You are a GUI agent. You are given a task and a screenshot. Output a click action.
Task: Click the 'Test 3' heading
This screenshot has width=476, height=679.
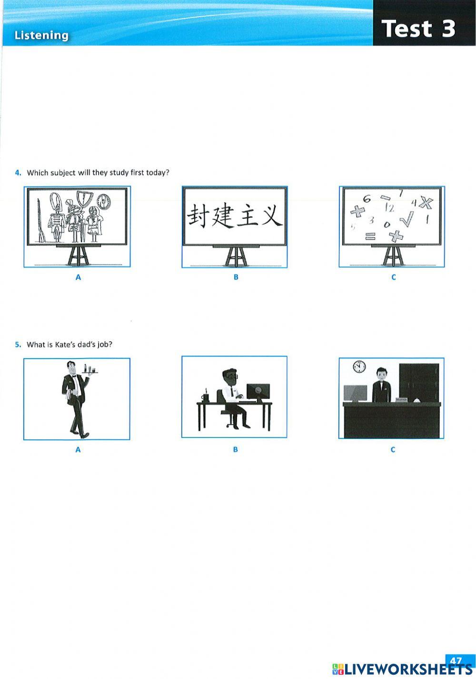418,28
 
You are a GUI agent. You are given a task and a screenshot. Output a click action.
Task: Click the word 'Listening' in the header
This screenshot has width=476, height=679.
41,35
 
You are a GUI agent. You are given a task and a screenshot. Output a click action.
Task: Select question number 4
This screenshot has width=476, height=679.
18,173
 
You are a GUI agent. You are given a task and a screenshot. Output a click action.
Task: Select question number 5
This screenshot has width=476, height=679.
18,344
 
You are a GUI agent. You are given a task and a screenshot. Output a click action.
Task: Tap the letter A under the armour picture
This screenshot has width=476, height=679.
78,277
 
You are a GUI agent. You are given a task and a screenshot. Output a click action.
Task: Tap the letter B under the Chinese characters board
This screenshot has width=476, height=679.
236,277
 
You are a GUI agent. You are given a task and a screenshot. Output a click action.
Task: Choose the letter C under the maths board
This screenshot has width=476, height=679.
393,277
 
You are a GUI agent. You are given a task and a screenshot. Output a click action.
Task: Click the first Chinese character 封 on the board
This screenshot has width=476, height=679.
199,215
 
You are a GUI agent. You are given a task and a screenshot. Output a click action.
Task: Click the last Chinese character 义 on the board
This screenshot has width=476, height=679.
271,215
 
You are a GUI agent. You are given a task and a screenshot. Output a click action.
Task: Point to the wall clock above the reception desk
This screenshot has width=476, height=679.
359,367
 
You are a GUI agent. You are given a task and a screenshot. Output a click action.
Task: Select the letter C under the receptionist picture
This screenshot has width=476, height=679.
393,449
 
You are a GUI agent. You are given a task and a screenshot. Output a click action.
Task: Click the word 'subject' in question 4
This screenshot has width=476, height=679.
63,173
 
